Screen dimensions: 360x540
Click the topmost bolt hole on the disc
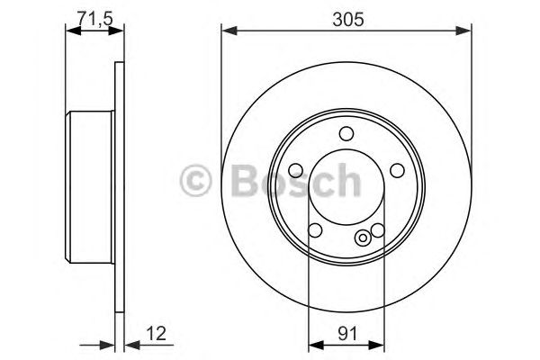(x=346, y=134)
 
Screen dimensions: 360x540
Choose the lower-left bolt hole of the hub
(x=315, y=229)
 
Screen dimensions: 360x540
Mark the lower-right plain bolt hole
(x=378, y=229)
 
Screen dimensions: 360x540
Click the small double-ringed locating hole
(x=362, y=238)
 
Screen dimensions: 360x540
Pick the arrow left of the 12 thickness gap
(x=109, y=344)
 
